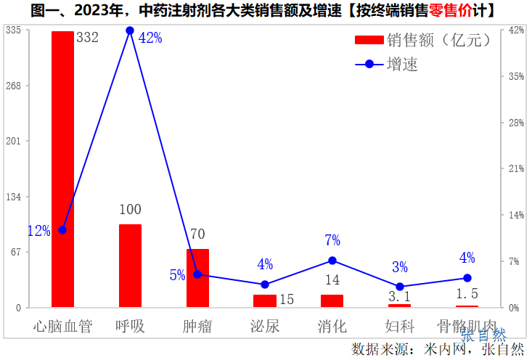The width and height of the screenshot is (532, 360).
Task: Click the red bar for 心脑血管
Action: pos(62,169)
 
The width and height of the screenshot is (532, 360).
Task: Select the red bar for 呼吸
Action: pos(130,266)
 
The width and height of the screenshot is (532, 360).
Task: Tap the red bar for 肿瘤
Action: pos(197,278)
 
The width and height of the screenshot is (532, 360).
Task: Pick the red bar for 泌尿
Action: pos(264,300)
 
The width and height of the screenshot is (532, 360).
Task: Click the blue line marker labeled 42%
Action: pos(130,30)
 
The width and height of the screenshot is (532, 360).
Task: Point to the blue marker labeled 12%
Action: pos(62,230)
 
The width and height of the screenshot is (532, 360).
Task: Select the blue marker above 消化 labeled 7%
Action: pos(332,261)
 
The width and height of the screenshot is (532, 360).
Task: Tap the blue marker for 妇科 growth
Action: pos(400,287)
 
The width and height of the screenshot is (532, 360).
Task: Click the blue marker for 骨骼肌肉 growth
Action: pos(467,278)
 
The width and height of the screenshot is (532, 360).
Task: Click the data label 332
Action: pos(87,38)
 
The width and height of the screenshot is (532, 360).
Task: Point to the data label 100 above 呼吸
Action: pos(130,210)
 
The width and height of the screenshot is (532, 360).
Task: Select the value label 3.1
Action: pos(400,296)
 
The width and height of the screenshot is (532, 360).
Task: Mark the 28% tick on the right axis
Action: pos(517,123)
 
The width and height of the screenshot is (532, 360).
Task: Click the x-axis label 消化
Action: pos(332,326)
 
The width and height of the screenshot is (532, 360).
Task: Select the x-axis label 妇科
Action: pos(400,326)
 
